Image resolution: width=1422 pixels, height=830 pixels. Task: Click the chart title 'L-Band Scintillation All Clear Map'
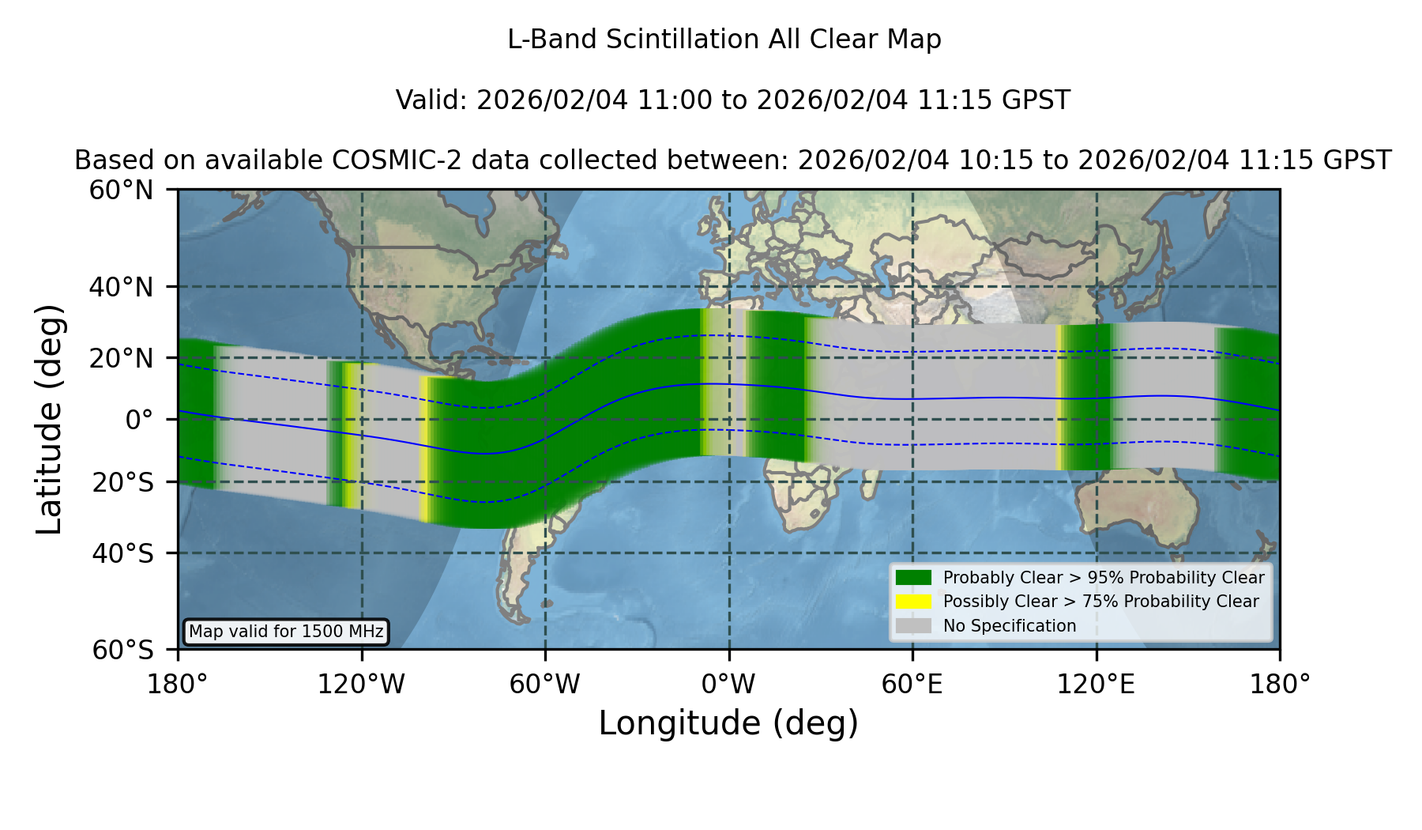(724, 40)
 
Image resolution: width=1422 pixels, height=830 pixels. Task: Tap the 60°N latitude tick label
(122, 191)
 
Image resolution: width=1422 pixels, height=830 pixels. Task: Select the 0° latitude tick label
(139, 420)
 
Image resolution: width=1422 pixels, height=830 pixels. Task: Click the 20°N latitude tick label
(122, 358)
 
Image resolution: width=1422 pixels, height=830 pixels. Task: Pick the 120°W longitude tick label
(361, 685)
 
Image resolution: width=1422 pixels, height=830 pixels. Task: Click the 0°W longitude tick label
(728, 685)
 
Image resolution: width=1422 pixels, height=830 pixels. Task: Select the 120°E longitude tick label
(1096, 685)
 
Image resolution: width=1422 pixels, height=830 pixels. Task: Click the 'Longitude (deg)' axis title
(728, 723)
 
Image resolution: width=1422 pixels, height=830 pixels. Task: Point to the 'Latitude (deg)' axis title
(49, 419)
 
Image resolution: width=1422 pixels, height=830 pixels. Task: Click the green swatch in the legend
(914, 578)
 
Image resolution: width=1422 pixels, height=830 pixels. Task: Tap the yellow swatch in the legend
(914, 602)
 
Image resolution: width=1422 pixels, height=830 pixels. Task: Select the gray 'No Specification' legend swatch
(914, 626)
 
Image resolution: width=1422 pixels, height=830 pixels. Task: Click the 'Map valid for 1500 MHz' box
(286, 632)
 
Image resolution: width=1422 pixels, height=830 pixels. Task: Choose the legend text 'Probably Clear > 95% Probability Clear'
(1104, 578)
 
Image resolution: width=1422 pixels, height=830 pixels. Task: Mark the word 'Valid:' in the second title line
(432, 100)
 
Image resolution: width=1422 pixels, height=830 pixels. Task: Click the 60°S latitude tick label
(122, 651)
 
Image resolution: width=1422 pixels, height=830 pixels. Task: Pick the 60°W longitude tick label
(545, 685)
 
